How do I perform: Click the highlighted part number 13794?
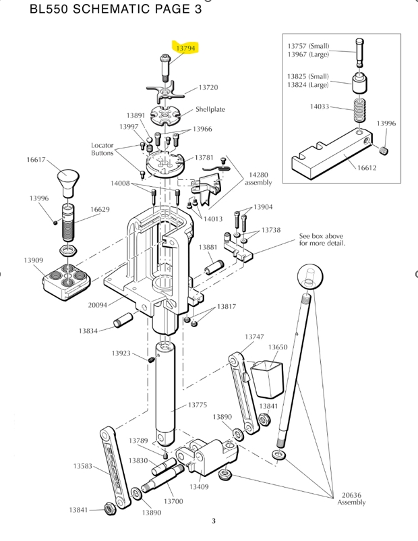(x=185, y=49)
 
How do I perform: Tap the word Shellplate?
(x=210, y=109)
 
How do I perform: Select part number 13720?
(x=208, y=88)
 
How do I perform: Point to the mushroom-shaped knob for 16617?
(x=68, y=179)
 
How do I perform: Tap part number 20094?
(x=98, y=305)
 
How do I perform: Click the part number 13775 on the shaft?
(x=196, y=405)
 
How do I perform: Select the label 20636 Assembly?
(x=353, y=498)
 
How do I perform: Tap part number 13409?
(x=198, y=487)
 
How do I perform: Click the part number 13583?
(x=83, y=466)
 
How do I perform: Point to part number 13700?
(x=173, y=501)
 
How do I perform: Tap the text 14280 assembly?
(x=258, y=178)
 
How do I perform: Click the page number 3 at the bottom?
(x=213, y=520)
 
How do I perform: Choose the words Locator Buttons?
(x=102, y=149)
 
